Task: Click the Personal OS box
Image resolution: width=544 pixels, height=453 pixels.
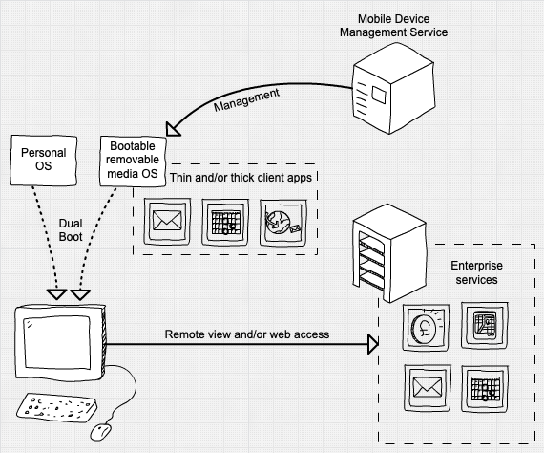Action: tap(44, 161)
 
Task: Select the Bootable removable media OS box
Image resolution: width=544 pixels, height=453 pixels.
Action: tap(133, 161)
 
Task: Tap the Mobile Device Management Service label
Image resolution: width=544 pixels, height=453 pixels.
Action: tap(393, 26)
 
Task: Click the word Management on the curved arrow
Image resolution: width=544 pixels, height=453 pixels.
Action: tap(246, 99)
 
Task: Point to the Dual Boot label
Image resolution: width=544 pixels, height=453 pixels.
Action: tap(71, 230)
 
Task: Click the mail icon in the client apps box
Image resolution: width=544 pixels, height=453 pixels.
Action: tap(167, 222)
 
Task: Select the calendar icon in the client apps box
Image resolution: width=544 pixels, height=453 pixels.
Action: tap(225, 222)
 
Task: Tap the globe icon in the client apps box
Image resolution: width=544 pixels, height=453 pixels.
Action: tap(283, 223)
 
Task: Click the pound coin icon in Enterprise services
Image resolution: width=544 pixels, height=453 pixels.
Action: tap(426, 328)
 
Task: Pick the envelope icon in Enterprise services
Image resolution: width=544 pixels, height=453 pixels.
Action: tap(428, 388)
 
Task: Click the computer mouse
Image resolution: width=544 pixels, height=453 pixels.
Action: tap(101, 432)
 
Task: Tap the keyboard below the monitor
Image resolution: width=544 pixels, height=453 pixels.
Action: tap(57, 407)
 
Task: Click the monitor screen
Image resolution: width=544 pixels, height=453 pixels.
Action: tap(57, 342)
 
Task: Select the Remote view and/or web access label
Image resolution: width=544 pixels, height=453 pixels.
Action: tap(247, 334)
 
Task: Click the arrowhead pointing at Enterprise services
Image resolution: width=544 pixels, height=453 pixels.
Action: tap(373, 344)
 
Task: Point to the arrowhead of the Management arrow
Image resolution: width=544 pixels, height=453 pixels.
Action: tap(172, 130)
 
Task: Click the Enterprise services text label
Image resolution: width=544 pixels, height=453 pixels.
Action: tap(476, 272)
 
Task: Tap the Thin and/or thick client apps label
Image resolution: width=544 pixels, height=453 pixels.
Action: tap(241, 178)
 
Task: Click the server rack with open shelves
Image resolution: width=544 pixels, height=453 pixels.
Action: tap(389, 253)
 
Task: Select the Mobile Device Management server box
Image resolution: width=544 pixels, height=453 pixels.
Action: tap(394, 89)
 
